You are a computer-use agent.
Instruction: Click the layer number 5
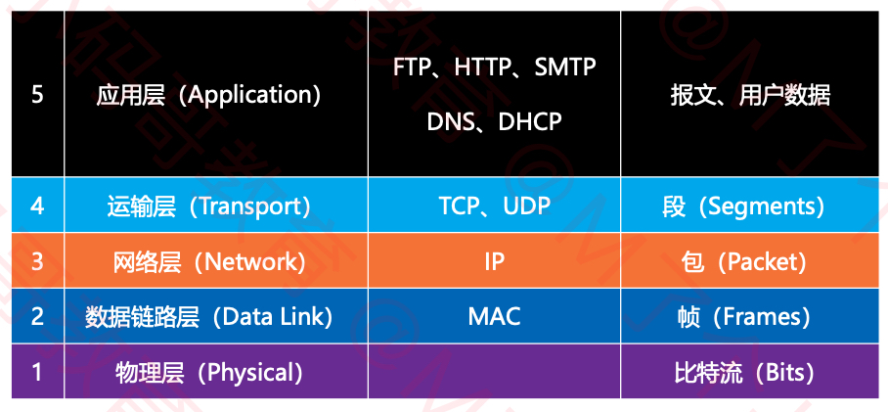37,95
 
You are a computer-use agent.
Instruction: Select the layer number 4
37,206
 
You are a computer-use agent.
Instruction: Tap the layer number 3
37,261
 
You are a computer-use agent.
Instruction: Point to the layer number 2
37,316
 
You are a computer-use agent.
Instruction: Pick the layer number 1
37,372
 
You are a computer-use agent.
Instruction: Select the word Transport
246,206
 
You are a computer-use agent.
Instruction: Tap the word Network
250,261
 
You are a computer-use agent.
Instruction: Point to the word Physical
249,372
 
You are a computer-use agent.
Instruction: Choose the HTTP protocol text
481,68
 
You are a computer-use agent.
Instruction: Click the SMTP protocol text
564,68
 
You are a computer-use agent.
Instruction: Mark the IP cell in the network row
495,261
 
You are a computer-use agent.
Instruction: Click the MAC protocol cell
495,316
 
